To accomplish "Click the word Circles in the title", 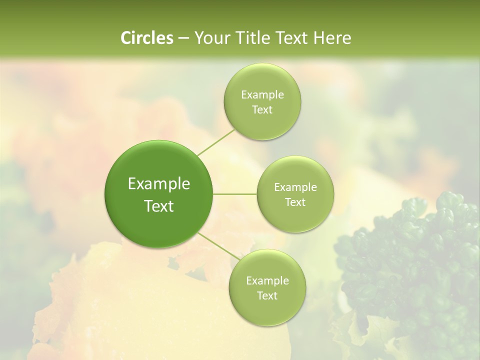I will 146,38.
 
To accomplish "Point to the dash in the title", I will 183,38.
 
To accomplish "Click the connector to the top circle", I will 216,142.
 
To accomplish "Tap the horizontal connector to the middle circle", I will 235,194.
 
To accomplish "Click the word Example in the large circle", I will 159,184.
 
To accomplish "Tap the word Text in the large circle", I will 159,206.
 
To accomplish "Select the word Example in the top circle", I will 262,95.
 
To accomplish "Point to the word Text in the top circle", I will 262,110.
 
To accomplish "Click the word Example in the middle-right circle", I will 295,187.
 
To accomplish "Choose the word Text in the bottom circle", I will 267,296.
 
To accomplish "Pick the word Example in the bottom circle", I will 267,281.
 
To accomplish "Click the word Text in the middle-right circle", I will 295,202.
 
